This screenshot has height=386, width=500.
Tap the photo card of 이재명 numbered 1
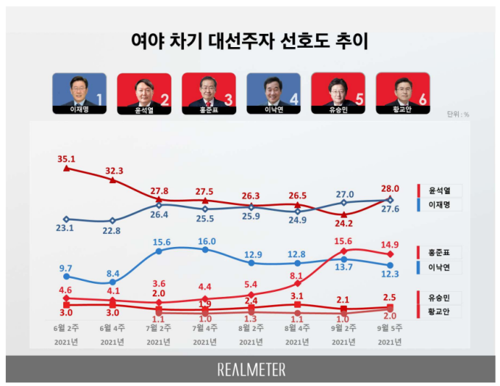pyautogui.click(x=79, y=93)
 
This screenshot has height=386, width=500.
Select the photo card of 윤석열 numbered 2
pyautogui.click(x=144, y=93)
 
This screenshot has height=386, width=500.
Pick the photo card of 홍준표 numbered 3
pyautogui.click(x=208, y=93)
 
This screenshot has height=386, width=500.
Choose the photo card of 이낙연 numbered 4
pyautogui.click(x=274, y=93)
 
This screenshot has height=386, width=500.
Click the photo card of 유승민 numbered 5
pyautogui.click(x=338, y=93)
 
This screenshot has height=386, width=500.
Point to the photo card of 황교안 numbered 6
pyautogui.click(x=402, y=93)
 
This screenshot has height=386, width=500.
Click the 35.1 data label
pyautogui.click(x=67, y=156)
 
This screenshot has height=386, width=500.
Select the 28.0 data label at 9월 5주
pyautogui.click(x=390, y=187)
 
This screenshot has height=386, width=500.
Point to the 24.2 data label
pyautogui.click(x=343, y=224)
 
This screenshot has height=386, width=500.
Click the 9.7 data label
pyautogui.click(x=65, y=268)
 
